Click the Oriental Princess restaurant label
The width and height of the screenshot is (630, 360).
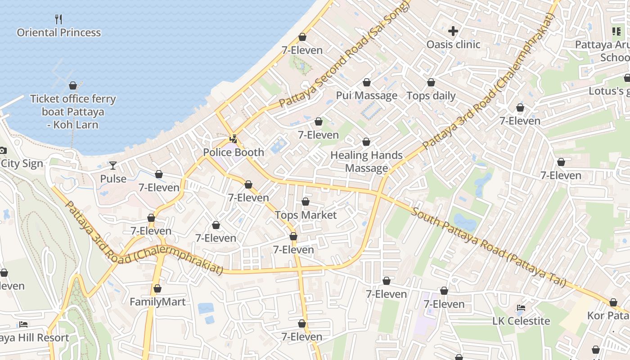(59, 32)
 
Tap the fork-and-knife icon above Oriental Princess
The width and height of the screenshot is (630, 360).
(58, 19)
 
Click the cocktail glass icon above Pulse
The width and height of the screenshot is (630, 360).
(112, 166)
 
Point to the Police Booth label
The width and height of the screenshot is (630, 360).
(234, 152)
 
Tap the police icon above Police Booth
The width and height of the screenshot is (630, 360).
(233, 139)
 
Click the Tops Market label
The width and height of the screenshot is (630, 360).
(306, 215)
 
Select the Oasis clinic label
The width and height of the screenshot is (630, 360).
(453, 44)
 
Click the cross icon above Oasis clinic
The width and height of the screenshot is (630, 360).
(453, 31)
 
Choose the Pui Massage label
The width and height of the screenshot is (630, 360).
(367, 95)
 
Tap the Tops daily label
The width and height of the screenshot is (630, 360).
(431, 95)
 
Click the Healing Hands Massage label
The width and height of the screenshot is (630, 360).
(366, 162)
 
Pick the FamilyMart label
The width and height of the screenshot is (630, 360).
(157, 301)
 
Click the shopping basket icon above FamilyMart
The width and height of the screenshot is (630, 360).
(157, 288)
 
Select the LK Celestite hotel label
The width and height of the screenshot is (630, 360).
(521, 321)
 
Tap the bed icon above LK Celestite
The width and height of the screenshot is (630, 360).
(521, 308)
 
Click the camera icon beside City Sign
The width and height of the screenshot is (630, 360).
(2, 150)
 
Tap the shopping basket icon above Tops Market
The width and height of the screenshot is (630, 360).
(306, 202)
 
